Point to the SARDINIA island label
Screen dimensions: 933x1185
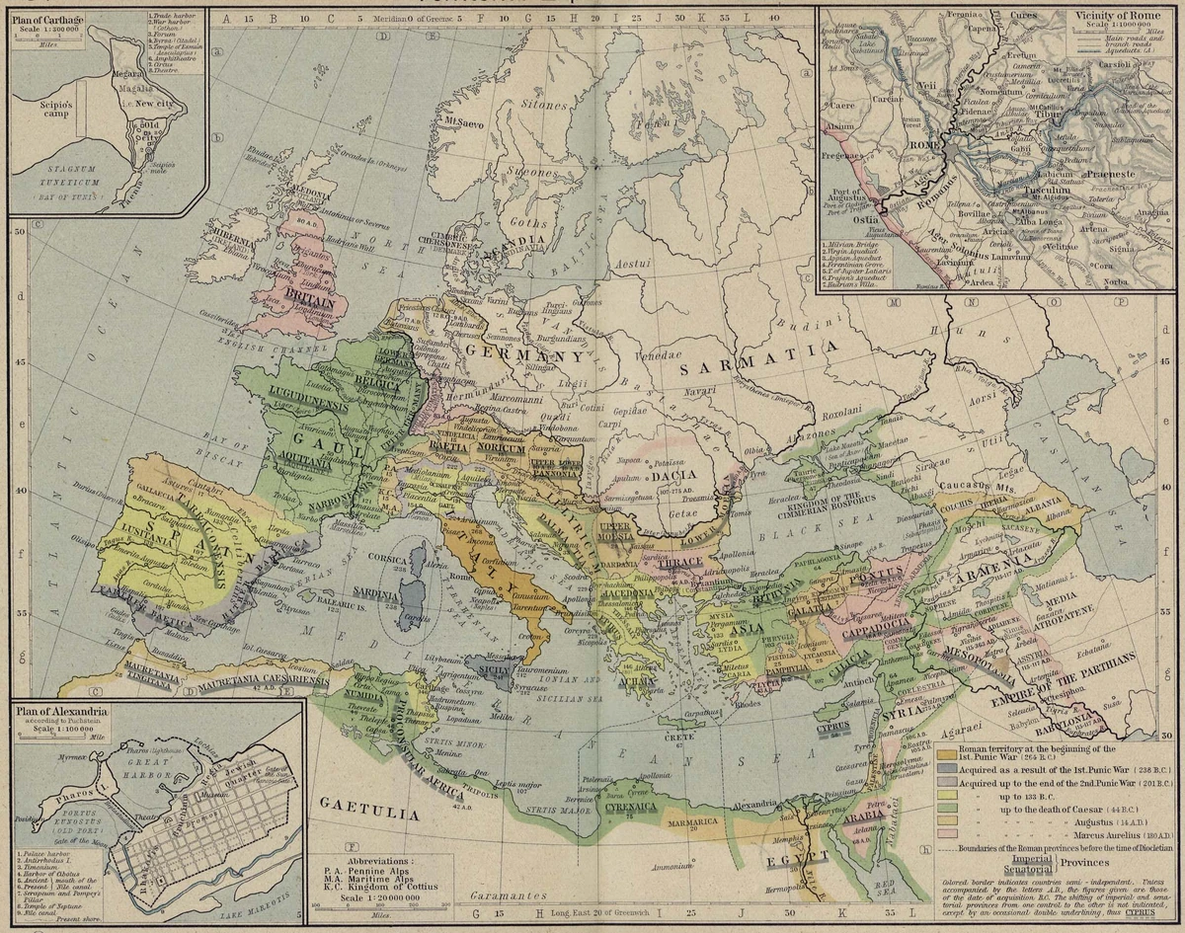(375, 594)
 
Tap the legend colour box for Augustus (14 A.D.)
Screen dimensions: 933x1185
(946, 818)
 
